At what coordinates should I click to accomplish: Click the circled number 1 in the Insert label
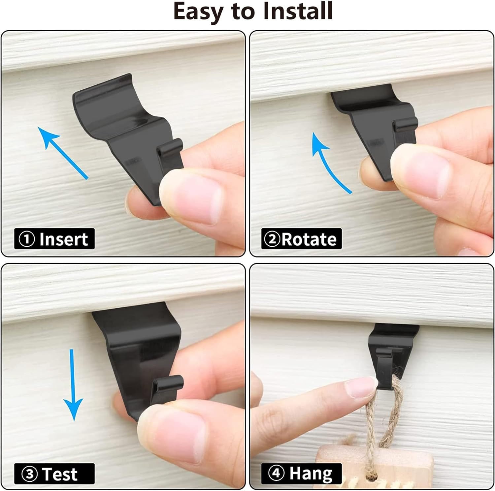(27, 239)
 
